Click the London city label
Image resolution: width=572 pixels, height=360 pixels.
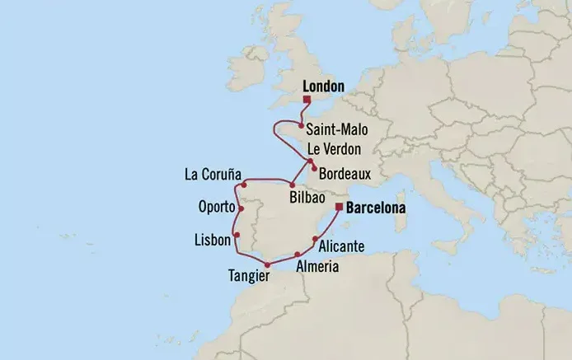323,85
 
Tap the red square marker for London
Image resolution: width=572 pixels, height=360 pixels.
307,100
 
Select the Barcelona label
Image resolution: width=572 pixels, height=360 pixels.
376,208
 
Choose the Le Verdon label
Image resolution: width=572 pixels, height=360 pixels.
335,149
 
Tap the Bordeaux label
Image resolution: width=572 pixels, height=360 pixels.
345,174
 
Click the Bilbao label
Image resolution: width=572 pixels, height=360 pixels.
306,199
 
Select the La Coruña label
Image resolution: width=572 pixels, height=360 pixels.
213,175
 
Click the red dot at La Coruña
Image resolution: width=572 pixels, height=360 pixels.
246,185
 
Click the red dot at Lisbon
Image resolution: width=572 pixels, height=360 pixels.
237,236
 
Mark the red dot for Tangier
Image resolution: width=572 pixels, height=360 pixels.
266,264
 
